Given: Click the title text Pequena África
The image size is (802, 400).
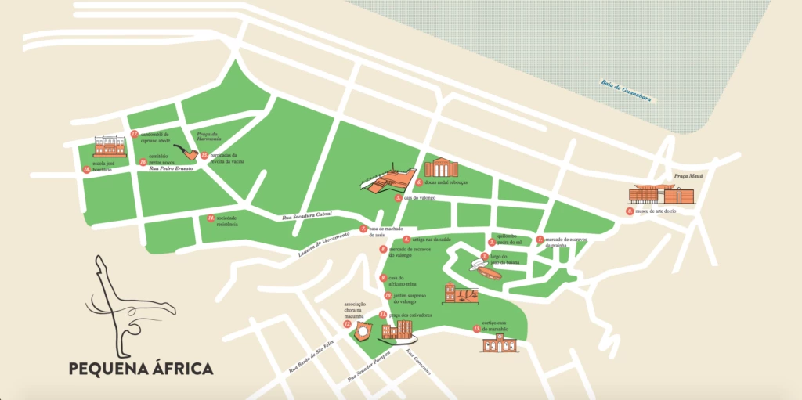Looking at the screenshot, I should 140,368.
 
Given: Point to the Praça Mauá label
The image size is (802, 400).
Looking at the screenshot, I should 678,178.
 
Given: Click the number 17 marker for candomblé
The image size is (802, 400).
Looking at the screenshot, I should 134,134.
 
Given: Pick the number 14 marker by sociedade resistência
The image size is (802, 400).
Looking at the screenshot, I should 211,217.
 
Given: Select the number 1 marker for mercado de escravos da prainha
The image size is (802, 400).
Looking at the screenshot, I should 540,240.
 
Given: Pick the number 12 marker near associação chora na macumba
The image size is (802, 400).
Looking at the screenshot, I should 347,323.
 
